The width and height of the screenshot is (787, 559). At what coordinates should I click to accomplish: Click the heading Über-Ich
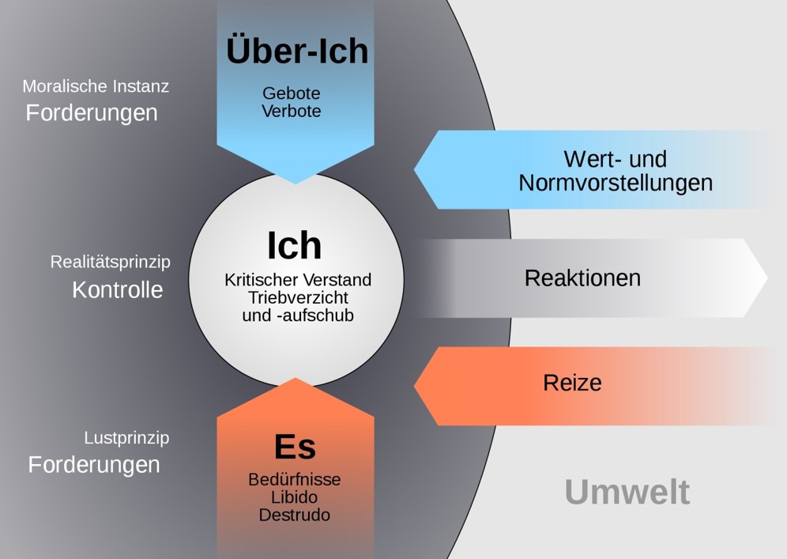coord(297,51)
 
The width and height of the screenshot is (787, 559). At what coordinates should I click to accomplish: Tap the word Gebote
coord(292,93)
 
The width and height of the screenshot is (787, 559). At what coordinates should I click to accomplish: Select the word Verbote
coord(292,111)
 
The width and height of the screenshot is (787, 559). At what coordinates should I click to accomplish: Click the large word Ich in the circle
coord(295,246)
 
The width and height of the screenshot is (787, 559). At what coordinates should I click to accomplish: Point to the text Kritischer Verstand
coord(298,280)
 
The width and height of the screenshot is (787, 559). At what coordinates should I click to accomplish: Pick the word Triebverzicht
coord(298,297)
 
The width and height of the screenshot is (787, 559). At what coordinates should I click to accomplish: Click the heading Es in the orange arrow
coord(295,448)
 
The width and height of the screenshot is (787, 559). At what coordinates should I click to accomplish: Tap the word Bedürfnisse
coord(295,479)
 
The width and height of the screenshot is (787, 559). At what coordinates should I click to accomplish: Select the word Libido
coord(295,497)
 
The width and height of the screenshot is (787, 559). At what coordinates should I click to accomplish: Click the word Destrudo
coord(295,515)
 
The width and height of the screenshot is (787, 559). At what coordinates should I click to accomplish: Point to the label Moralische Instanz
coord(96,86)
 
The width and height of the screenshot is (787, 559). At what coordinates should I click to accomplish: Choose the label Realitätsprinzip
coord(110,262)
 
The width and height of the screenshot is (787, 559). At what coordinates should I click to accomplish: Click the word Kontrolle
coord(118,289)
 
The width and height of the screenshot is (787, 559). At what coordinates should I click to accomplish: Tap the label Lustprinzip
coord(126,437)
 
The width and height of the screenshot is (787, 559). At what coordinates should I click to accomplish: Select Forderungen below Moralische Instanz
coord(92,113)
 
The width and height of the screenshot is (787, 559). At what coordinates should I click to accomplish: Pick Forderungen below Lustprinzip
coord(94,464)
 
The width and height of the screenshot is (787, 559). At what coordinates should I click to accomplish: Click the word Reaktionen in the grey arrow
coord(582,278)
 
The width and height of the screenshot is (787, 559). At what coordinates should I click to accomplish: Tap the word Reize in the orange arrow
coord(572,383)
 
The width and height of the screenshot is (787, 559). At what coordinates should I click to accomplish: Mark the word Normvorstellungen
coord(616,183)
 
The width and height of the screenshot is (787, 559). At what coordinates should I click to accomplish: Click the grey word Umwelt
coord(627,492)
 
